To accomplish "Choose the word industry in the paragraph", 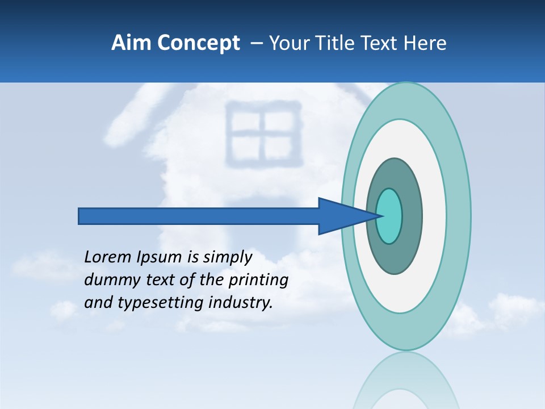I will (x=241, y=303).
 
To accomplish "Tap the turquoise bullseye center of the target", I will (x=389, y=216).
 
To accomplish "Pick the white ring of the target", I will (x=434, y=216).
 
